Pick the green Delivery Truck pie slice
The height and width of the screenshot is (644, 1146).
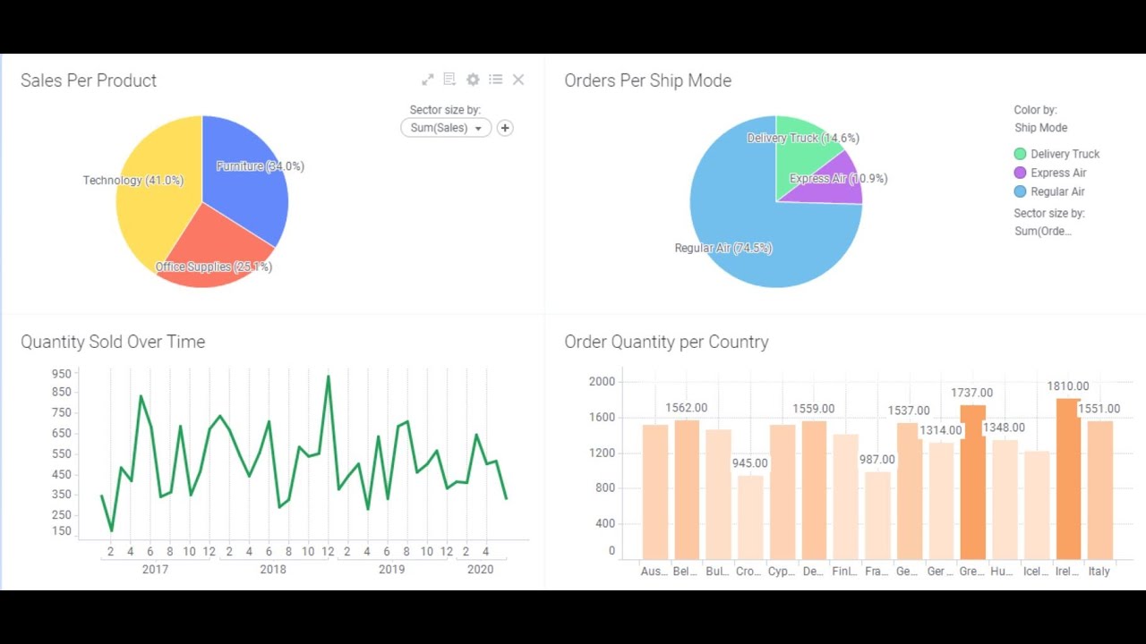pos(801,152)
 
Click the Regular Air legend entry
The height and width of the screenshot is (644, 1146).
pos(1056,191)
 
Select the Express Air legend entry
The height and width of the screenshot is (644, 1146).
pos(1057,173)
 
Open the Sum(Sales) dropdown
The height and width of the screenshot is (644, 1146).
pos(446,128)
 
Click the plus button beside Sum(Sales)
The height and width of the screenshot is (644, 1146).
pos(505,128)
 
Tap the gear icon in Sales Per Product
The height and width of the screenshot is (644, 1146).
pos(473,80)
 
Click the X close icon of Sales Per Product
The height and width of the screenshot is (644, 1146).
pos(518,80)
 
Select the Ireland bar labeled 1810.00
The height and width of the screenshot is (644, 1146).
pos(1068,479)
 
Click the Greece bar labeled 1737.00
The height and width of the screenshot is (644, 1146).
pos(972,482)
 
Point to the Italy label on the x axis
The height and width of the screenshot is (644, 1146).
pos(1099,571)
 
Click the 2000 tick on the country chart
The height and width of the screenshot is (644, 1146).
pos(602,382)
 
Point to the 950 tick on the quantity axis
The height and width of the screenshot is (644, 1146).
pos(61,374)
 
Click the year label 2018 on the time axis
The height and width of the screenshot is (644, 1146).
pos(273,569)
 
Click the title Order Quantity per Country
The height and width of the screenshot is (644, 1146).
pos(666,342)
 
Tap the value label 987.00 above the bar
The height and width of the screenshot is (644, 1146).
pos(877,460)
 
